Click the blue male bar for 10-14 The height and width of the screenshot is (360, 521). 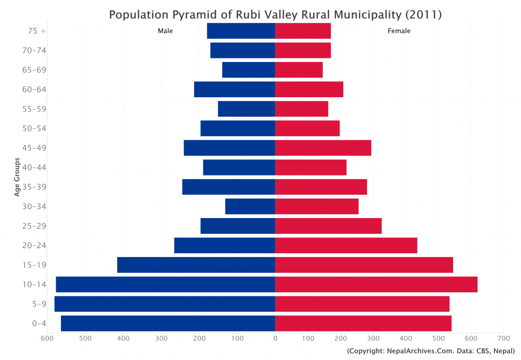[165, 284]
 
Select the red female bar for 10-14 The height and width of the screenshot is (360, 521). [376, 284]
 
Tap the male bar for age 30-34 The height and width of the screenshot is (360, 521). [250, 207]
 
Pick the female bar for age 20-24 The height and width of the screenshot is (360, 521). [346, 245]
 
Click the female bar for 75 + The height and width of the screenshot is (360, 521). [303, 31]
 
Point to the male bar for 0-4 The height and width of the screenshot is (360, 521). [168, 323]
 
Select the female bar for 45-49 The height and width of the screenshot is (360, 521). [323, 148]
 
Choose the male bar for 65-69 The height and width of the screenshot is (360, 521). [248, 70]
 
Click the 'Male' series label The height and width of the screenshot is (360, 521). [165, 31]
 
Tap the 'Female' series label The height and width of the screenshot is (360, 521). [399, 31]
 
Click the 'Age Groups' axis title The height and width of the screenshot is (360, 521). [17, 177]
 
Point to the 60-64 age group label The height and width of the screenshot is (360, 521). [35, 89]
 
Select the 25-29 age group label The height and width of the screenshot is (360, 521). [35, 226]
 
